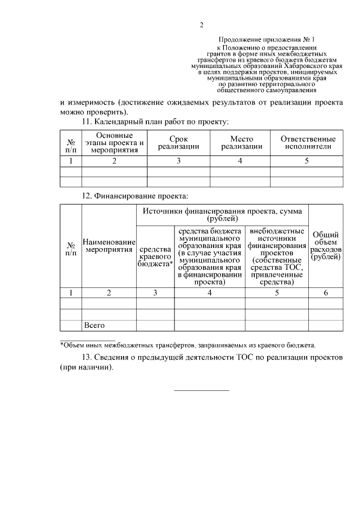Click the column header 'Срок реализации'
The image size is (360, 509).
(178, 143)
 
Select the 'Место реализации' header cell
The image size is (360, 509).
(241, 143)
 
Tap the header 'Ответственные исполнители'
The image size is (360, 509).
(308, 143)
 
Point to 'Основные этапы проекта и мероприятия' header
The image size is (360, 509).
(114, 143)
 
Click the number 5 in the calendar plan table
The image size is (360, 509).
(307, 161)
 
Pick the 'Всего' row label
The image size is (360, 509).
(94, 325)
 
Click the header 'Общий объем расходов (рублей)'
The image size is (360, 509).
(326, 245)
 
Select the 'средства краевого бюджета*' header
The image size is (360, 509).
(155, 256)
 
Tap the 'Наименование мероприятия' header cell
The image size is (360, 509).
(109, 245)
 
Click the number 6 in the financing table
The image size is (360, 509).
(326, 292)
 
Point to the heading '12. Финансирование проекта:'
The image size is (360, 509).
(135, 196)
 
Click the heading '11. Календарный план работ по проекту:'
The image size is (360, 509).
(155, 121)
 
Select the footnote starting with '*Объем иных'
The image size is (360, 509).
(188, 345)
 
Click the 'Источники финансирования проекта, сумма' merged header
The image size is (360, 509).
(222, 214)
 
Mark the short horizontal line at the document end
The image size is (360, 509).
(201, 390)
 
